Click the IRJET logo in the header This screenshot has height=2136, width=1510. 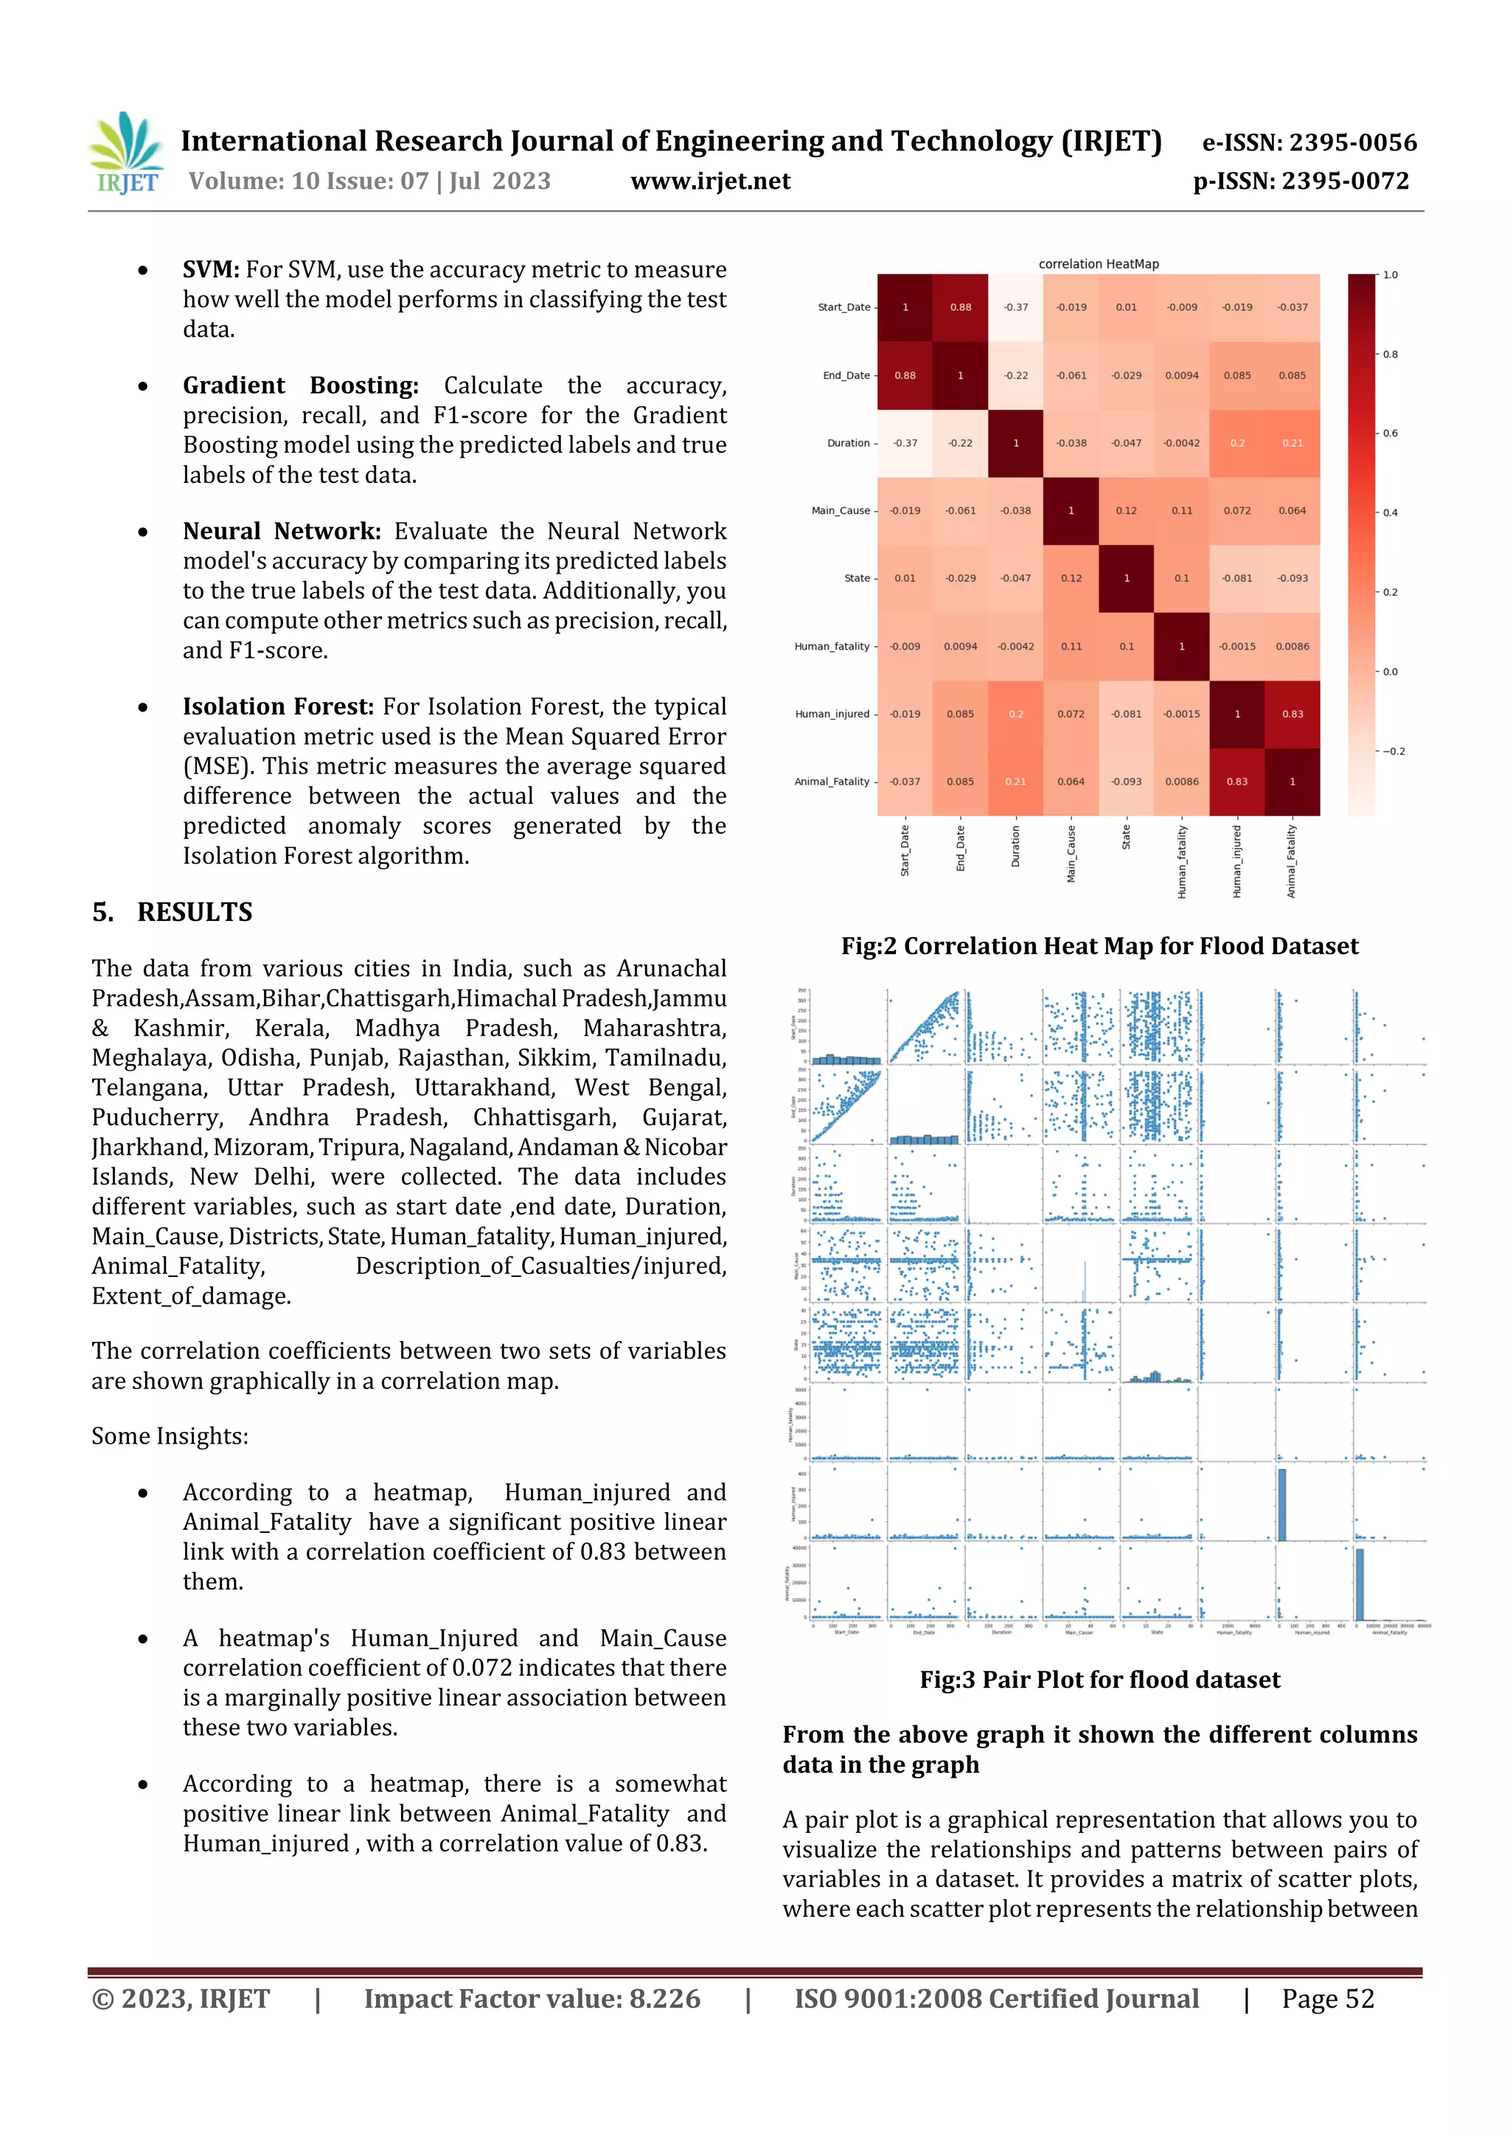128,153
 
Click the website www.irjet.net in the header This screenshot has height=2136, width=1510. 710,181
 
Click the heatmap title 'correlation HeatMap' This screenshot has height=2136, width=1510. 1098,264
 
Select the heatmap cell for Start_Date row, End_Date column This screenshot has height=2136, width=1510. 960,307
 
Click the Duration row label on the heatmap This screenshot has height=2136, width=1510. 848,443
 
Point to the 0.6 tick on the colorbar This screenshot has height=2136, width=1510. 1389,434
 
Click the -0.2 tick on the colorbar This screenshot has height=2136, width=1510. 1392,751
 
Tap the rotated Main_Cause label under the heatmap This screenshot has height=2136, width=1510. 1071,853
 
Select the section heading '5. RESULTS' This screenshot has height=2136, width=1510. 173,912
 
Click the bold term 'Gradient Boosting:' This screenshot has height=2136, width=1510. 299,385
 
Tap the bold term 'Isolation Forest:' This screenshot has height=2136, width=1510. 277,706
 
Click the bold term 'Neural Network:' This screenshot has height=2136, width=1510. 281,531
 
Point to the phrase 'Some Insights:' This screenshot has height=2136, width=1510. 170,1436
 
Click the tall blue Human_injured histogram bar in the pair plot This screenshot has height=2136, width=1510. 1281,1504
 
